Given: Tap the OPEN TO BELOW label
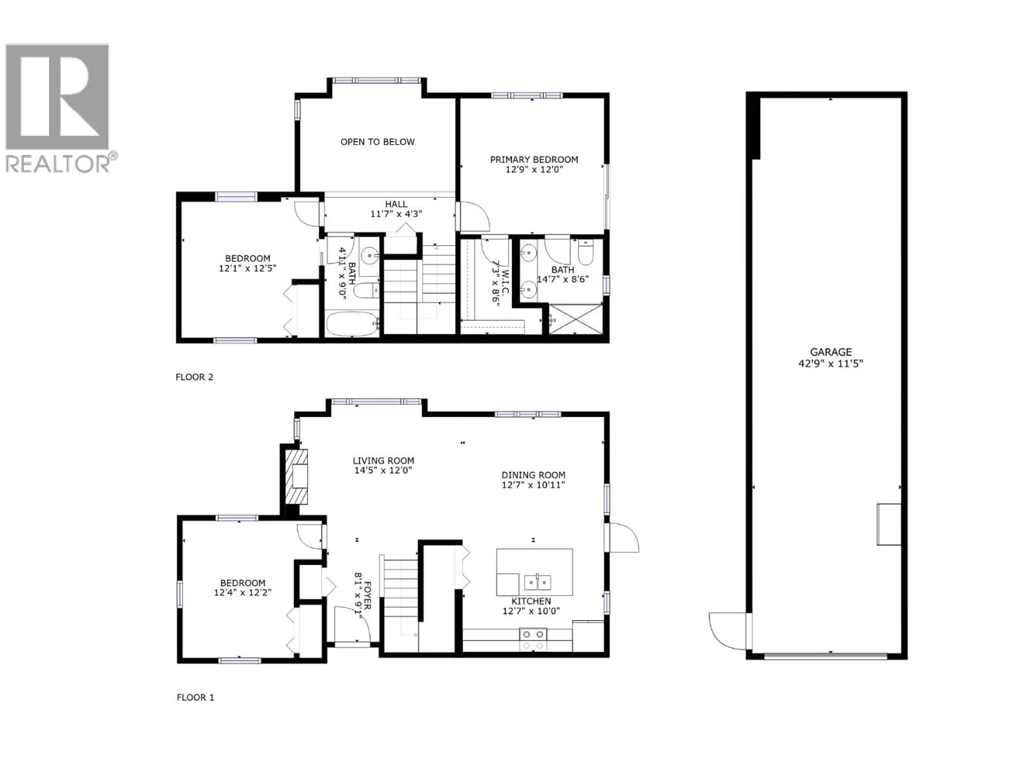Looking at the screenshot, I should point(377,142).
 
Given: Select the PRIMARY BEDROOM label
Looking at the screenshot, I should point(534,159).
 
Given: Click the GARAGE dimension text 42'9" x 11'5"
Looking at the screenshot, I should point(831,363).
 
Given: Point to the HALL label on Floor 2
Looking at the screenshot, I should point(396,204).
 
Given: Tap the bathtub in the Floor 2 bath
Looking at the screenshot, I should point(352,324).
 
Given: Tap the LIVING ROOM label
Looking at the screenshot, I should point(383,461).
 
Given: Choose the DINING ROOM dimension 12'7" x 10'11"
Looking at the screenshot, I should point(533,485).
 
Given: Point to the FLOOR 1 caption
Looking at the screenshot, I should point(195,697).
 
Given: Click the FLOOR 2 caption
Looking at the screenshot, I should point(194,377).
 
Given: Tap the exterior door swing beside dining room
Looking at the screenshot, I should point(624,537).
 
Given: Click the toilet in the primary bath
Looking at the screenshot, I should point(585,253).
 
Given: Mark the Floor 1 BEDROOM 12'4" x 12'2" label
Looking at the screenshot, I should point(242,583).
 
